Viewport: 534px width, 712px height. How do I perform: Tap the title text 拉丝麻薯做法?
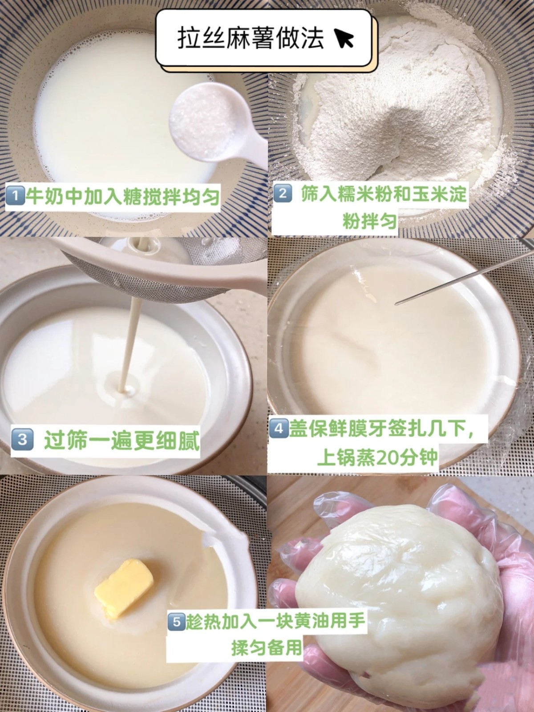pos(251,38)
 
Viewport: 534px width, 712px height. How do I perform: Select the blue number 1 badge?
pos(15,197)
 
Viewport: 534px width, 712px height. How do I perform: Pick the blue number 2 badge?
pos(283,194)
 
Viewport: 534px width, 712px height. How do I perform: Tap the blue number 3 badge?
pos(22,439)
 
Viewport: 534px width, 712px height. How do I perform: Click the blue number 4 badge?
pos(279,428)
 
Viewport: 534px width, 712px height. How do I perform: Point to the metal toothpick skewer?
pos(464,278)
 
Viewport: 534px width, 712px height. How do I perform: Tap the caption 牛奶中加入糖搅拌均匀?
pos(122,197)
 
